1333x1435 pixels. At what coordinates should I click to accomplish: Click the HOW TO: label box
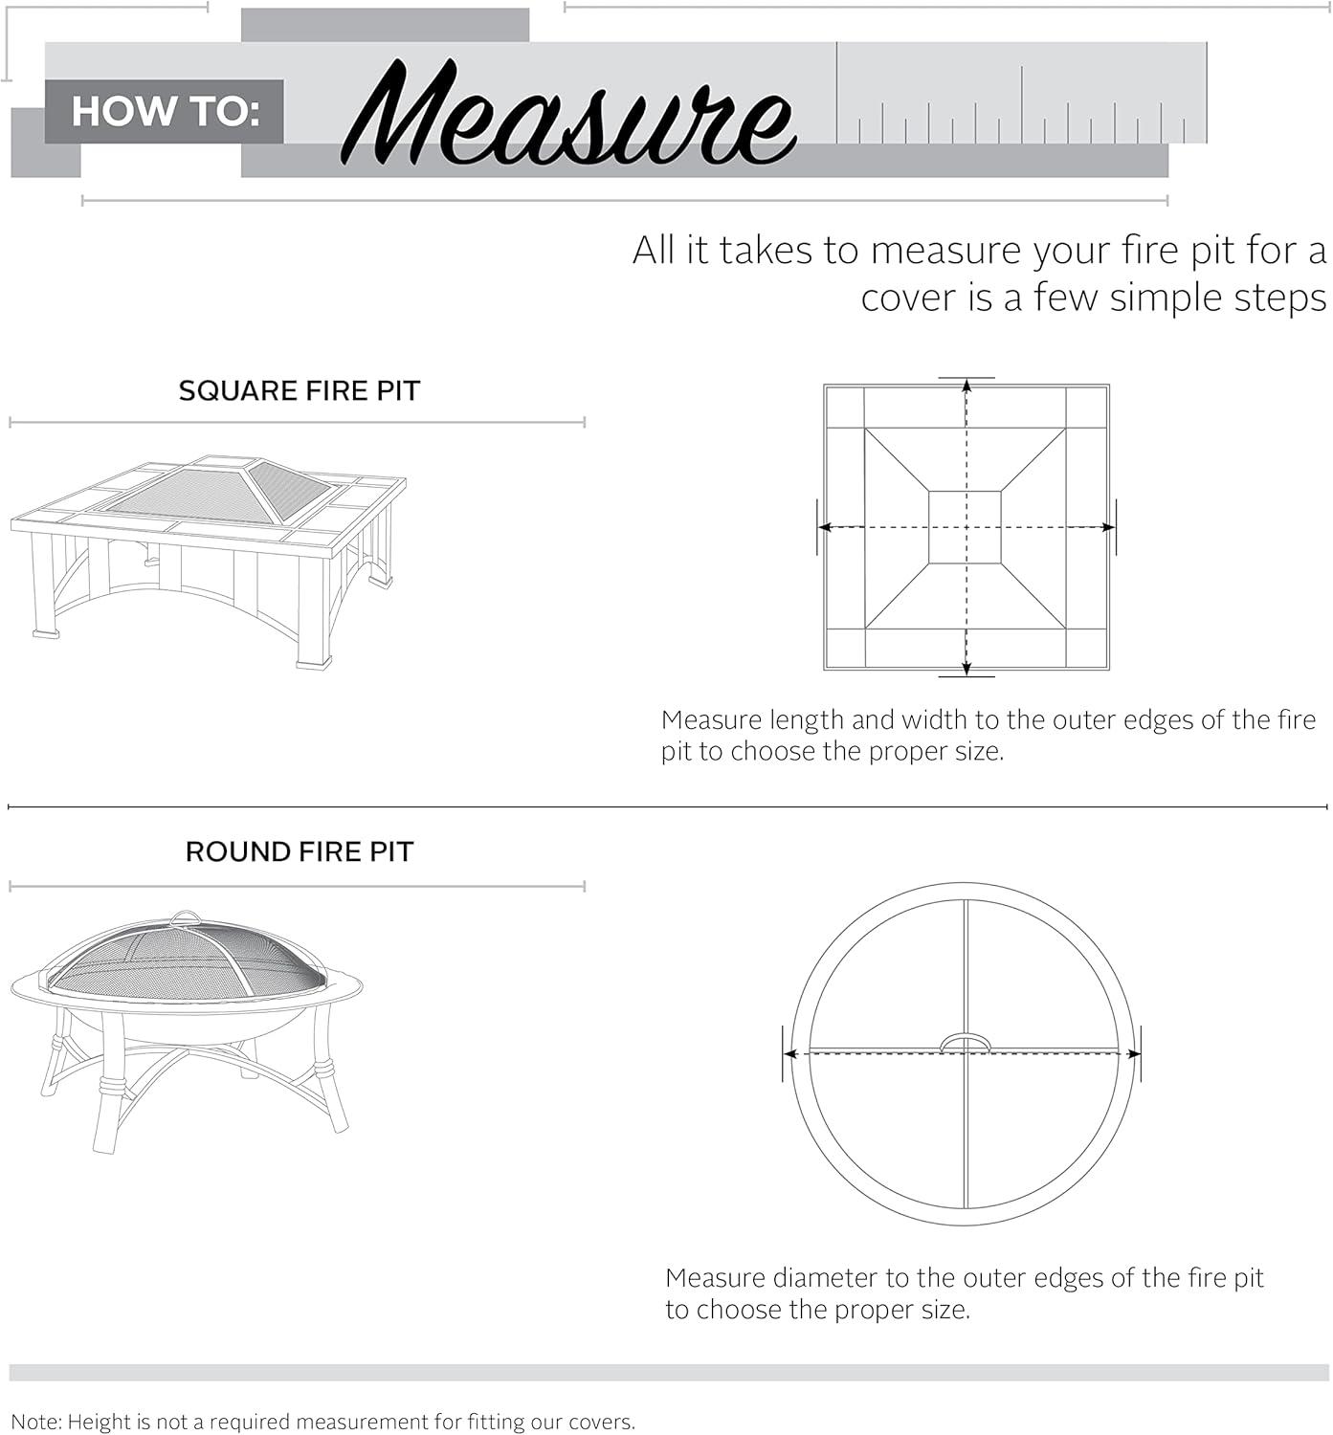tap(165, 112)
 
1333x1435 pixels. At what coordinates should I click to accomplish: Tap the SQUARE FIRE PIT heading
tap(300, 390)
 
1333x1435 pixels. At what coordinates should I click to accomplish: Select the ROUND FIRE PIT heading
tap(300, 851)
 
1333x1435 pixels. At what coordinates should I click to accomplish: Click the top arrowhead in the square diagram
tap(966, 386)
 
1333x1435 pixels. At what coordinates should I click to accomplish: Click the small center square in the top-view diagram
tap(965, 527)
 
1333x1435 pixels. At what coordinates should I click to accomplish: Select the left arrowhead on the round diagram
tap(789, 1053)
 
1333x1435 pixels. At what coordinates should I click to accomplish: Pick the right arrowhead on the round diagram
tap(1134, 1053)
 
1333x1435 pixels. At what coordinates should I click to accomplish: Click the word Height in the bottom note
tap(97, 1422)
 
